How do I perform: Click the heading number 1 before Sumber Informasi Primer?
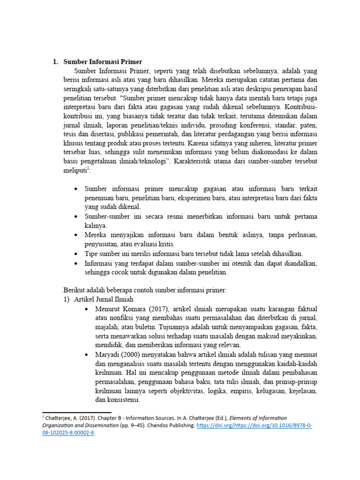pyautogui.click(x=54, y=62)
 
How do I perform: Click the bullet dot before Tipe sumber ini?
pyautogui.click(x=76, y=254)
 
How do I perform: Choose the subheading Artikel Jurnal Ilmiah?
pyautogui.click(x=104, y=299)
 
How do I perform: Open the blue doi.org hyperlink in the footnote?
pyautogui.click(x=239, y=425)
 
